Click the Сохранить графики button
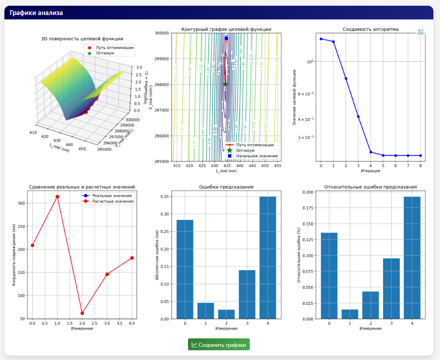coord(219,345)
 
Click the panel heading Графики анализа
coord(36,13)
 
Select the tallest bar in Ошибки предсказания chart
coord(267,258)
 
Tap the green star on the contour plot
coord(226,84)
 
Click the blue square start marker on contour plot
coord(226,38)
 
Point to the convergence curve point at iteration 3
coord(358,116)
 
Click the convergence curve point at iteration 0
coord(321,39)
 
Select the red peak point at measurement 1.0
coord(57,196)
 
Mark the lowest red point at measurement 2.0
coord(82,313)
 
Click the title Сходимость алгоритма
coord(370,30)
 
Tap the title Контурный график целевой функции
coord(226,30)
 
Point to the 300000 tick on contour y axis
coord(163,33)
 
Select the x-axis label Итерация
coord(370,170)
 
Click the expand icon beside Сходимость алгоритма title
coord(420,32)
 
